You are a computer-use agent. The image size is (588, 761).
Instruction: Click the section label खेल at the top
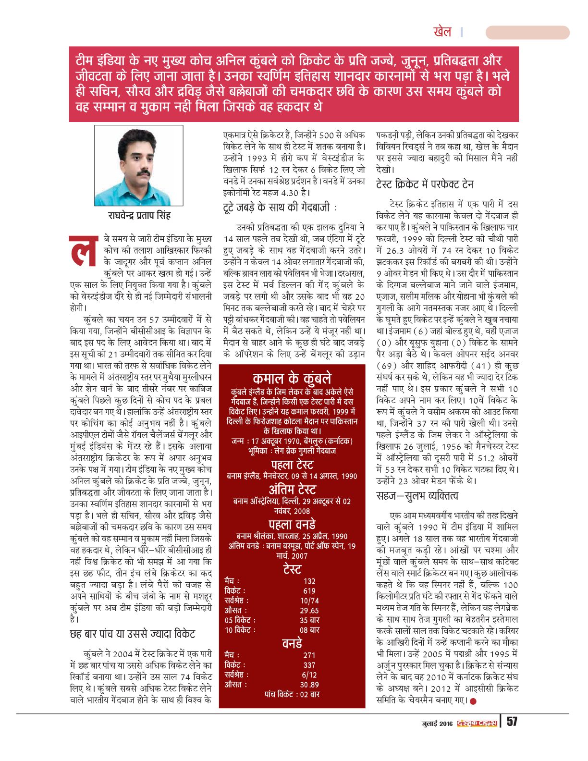[442, 32]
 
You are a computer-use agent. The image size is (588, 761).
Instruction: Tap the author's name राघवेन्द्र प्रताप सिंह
[139, 215]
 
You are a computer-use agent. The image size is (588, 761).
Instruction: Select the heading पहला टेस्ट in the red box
[292, 465]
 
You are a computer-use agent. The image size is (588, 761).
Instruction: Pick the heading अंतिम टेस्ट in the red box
[292, 490]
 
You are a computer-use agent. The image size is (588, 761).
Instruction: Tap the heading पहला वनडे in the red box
[292, 524]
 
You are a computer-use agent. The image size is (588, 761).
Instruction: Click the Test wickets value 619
[309, 591]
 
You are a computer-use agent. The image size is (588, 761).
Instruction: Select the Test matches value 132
[309, 581]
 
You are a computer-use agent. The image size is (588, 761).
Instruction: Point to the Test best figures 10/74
[309, 601]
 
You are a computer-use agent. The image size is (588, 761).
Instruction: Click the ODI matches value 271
[309, 655]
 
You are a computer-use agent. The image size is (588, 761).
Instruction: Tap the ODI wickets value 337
[309, 665]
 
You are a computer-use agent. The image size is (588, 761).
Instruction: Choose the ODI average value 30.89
[309, 685]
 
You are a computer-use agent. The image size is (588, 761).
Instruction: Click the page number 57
[512, 722]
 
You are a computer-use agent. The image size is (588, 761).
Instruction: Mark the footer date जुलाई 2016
[437, 724]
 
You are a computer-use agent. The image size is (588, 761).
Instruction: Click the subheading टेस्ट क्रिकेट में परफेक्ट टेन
[425, 184]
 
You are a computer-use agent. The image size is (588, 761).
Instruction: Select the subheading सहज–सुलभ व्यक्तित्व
[417, 496]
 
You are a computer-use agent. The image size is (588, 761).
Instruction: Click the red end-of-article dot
[473, 701]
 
